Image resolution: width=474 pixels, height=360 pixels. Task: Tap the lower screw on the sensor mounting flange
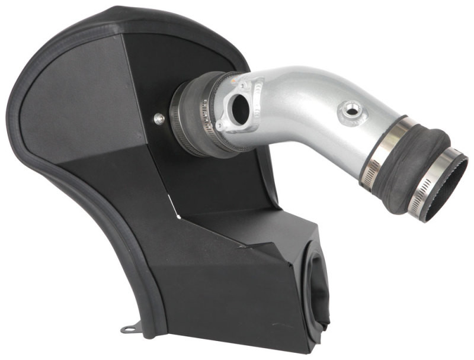coord(220,126)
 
